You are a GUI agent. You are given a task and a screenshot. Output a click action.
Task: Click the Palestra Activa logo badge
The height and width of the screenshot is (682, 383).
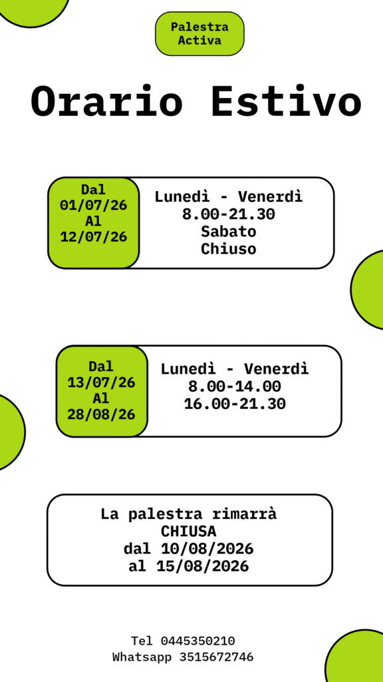pyautogui.click(x=199, y=33)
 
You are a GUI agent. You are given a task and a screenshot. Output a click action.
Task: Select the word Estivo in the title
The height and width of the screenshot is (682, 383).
pyautogui.click(x=286, y=102)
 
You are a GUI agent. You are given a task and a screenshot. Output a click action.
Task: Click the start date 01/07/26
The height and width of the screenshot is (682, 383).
pyautogui.click(x=93, y=205)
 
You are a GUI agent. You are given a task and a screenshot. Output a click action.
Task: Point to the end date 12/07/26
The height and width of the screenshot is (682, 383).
pyautogui.click(x=93, y=237)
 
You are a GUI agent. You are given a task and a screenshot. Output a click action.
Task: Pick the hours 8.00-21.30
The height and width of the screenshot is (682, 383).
pyautogui.click(x=229, y=214)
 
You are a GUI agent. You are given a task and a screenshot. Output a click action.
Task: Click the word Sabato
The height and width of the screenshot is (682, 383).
pyautogui.click(x=229, y=232)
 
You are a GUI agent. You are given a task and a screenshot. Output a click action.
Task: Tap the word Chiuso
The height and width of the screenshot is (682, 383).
pyautogui.click(x=229, y=249)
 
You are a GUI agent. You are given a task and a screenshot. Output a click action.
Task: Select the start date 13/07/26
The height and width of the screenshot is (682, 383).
pyautogui.click(x=101, y=383)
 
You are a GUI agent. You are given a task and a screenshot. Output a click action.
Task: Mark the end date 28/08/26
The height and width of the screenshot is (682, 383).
pyautogui.click(x=101, y=414)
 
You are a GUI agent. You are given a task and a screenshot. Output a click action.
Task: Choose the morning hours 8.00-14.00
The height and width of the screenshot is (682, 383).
pyautogui.click(x=235, y=386)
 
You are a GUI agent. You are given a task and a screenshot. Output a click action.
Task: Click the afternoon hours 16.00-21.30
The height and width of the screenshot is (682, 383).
pyautogui.click(x=235, y=404)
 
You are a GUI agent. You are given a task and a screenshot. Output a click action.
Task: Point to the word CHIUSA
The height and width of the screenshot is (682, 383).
pyautogui.click(x=188, y=531)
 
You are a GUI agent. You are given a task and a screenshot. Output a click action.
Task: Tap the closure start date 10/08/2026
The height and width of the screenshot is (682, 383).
pyautogui.click(x=207, y=549)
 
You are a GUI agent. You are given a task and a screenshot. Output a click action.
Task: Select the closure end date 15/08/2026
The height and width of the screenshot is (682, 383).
pyautogui.click(x=202, y=566)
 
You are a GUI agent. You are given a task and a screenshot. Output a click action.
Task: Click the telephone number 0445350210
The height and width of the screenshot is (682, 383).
pyautogui.click(x=198, y=641)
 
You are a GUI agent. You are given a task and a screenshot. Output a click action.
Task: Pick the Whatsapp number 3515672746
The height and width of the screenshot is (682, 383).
pyautogui.click(x=216, y=657)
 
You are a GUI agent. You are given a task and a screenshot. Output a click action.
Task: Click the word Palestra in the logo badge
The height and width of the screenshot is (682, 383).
pyautogui.click(x=199, y=27)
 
